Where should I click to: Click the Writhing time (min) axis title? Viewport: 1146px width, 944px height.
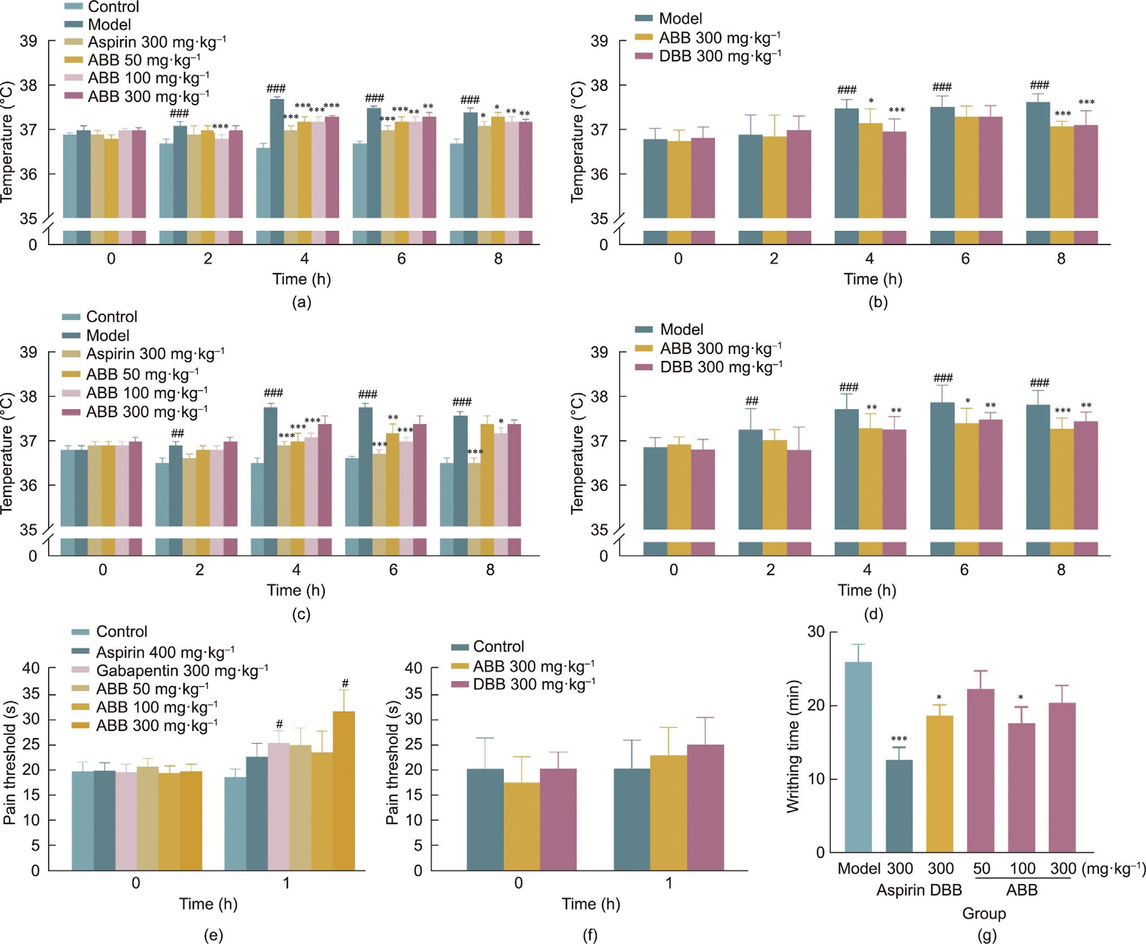point(794,747)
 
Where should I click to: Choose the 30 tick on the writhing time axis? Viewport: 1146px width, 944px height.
point(816,631)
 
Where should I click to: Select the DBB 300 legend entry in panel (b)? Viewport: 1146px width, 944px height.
point(719,56)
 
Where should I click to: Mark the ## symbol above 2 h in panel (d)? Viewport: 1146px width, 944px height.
point(752,402)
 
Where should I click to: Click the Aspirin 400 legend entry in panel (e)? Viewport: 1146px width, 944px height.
point(165,651)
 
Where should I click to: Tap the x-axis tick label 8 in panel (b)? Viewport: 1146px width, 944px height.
point(1061,259)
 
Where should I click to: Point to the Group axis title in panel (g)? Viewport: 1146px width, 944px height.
point(984,913)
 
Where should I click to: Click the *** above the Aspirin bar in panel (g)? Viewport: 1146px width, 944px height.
point(899,739)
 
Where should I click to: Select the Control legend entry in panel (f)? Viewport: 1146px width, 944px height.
point(498,646)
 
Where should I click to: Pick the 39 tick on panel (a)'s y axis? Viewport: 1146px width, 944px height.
point(29,41)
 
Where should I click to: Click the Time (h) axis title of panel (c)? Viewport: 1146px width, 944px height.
point(296,590)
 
